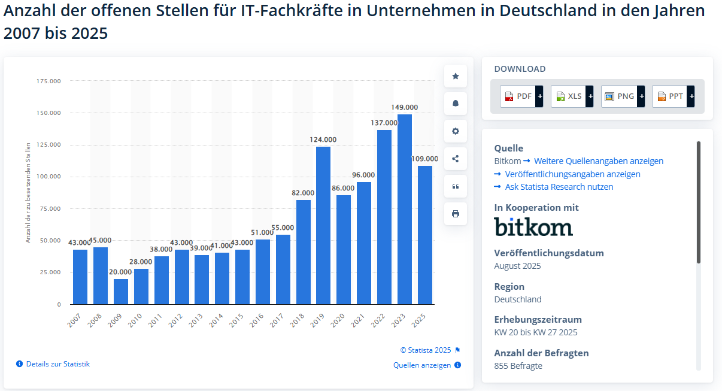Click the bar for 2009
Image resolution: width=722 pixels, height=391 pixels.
click(x=121, y=292)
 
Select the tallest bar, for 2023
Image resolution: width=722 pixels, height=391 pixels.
click(x=405, y=210)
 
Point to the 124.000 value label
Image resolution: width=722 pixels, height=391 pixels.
click(x=323, y=140)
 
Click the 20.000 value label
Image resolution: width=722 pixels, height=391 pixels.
click(x=121, y=272)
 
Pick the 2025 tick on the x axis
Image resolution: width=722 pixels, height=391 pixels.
click(x=418, y=320)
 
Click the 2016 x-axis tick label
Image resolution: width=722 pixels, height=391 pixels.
click(x=256, y=320)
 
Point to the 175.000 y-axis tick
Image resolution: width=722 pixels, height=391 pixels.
click(x=48, y=81)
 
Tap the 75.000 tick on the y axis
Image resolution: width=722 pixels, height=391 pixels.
click(x=50, y=208)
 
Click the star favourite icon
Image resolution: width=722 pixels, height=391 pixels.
click(x=456, y=76)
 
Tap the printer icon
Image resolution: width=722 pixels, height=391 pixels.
click(x=456, y=214)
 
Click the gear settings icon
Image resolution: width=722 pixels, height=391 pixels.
click(x=456, y=131)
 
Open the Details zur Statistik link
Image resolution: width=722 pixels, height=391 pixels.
click(x=57, y=364)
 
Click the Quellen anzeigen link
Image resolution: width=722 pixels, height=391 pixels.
click(x=422, y=365)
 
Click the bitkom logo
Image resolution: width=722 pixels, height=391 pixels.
click(x=533, y=227)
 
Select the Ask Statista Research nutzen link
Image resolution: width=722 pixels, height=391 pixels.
click(x=559, y=187)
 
